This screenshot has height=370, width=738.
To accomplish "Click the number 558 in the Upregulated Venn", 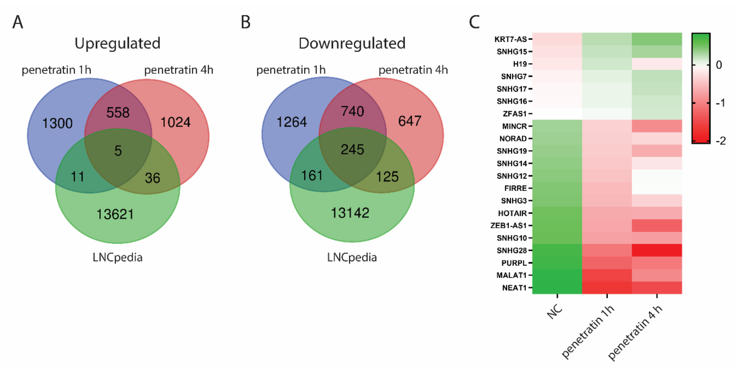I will [118, 112].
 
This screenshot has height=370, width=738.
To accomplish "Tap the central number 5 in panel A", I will [118, 151].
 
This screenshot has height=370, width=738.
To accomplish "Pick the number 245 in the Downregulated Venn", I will [352, 150].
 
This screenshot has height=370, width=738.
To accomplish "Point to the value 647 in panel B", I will [409, 121].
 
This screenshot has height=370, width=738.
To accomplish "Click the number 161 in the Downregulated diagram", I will [312, 175].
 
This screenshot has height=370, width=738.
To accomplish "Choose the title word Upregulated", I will [117, 44].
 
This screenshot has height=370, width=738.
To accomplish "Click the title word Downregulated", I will [352, 44].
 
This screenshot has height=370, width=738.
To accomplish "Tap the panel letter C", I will [474, 22].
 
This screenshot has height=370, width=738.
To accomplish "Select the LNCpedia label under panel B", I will [352, 257].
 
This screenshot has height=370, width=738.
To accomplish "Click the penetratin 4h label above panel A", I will [178, 70].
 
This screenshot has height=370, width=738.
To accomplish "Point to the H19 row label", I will [520, 64].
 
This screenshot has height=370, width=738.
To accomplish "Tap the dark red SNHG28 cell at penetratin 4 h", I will [657, 250].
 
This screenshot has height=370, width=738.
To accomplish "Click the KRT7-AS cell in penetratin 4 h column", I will [657, 39].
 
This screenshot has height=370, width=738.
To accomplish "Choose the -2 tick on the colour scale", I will [720, 141].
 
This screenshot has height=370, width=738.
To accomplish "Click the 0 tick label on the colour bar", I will [719, 65].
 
